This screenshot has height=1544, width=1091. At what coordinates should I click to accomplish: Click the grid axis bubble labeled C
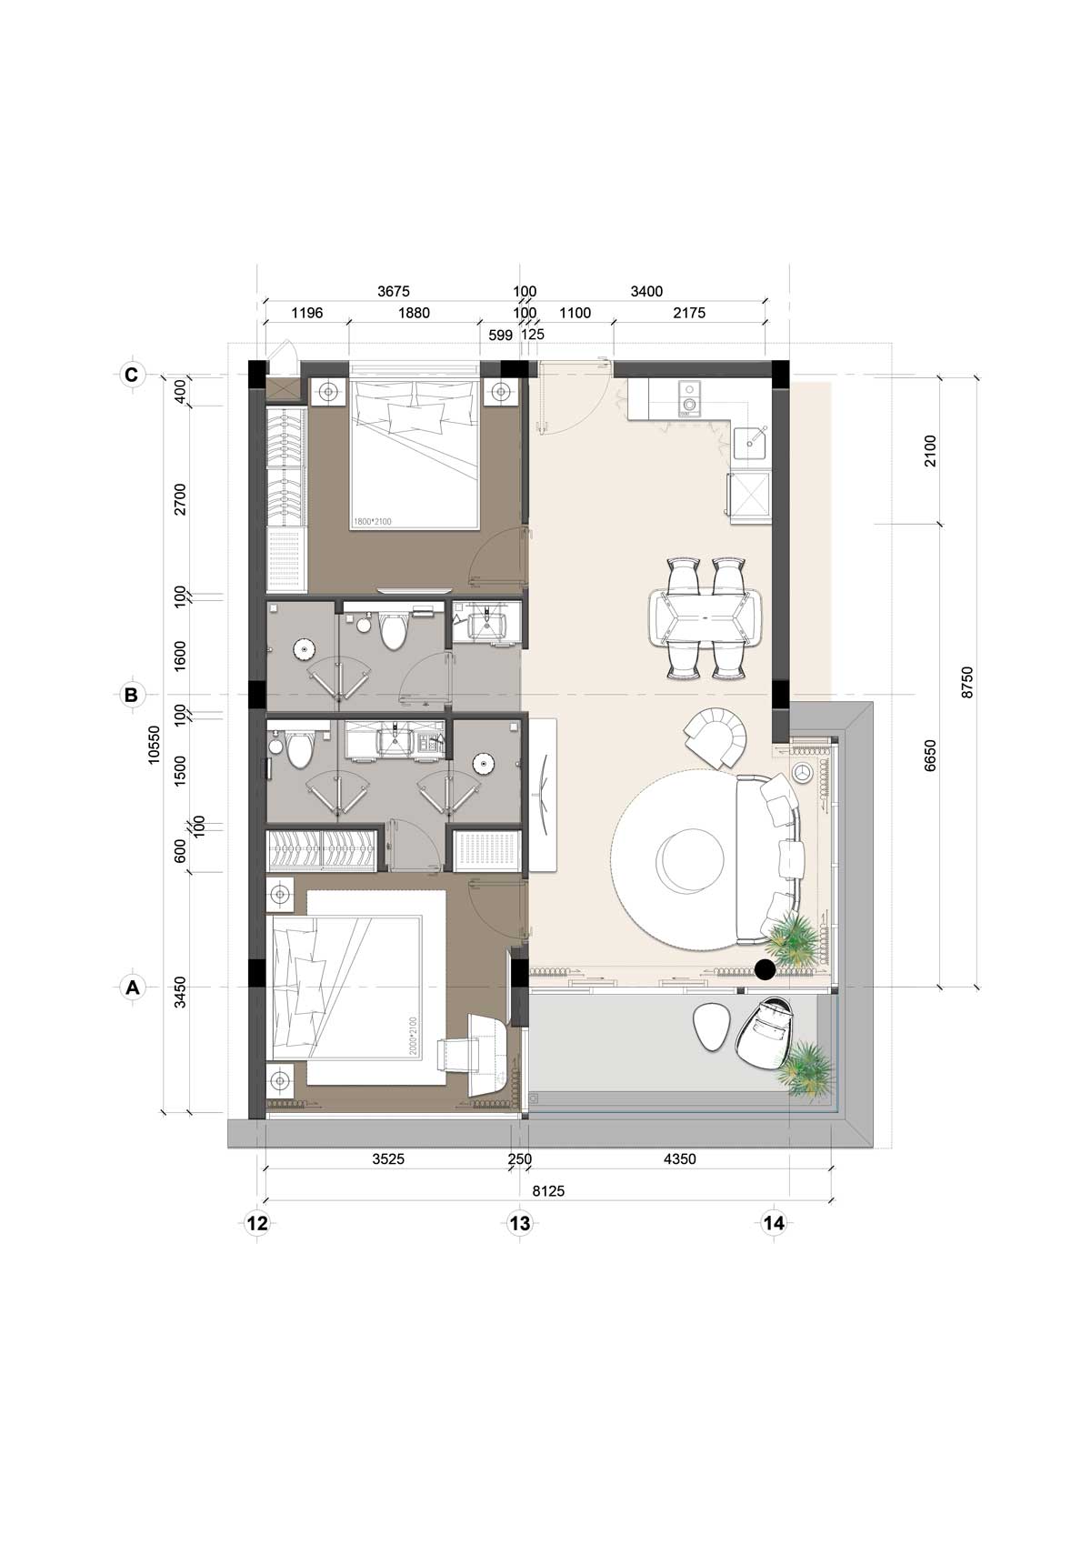[x=131, y=375]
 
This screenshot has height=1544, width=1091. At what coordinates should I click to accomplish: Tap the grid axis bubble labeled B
[x=131, y=694]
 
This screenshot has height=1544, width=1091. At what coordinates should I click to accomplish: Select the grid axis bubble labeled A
[x=131, y=988]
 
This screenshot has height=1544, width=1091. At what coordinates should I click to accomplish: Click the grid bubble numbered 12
[x=257, y=1223]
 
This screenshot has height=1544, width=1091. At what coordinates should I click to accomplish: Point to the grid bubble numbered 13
[x=520, y=1223]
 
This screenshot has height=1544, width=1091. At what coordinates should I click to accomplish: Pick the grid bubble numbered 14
[x=774, y=1223]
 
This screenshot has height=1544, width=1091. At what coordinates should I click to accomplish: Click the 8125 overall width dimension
[x=548, y=1191]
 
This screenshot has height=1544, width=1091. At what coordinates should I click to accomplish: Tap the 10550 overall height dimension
[x=155, y=744]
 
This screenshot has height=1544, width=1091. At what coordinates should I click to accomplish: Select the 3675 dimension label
[x=393, y=292]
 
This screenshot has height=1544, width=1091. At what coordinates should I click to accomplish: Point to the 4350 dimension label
[x=679, y=1158]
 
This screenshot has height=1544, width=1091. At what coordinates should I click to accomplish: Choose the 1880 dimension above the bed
[x=414, y=313]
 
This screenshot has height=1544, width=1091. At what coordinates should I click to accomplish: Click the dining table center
[x=705, y=618]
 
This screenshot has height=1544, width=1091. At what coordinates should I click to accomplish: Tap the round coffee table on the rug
[x=690, y=859]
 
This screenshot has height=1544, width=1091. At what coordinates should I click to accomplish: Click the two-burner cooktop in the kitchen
[x=688, y=399]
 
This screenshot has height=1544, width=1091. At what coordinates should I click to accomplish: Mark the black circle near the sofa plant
[x=765, y=969]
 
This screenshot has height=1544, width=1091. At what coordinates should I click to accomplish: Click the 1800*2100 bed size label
[x=372, y=521]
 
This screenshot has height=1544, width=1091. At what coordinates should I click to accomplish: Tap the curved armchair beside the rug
[x=716, y=737]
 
